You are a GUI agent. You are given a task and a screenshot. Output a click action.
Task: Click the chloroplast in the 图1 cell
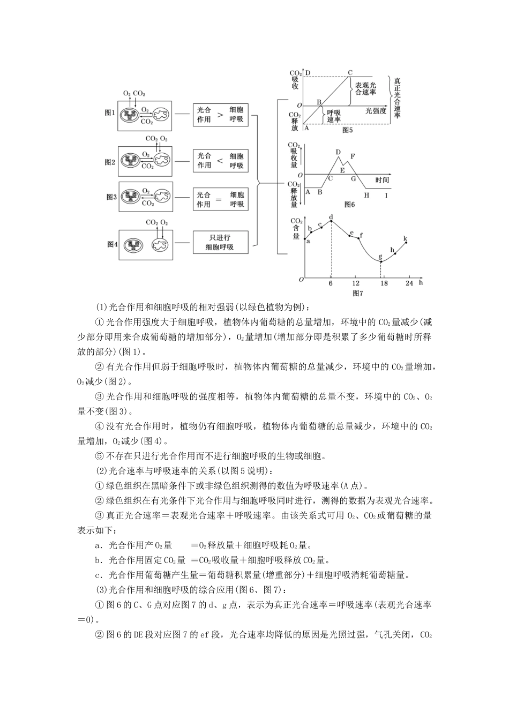(129, 115)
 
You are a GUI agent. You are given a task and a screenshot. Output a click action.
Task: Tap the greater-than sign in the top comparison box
(221, 115)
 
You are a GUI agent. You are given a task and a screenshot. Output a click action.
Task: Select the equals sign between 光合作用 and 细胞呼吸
(220, 199)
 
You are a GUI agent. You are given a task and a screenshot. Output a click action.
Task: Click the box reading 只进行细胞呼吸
(220, 242)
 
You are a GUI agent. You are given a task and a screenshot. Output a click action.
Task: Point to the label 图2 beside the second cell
(110, 162)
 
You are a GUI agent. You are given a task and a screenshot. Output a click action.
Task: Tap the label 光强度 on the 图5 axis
(376, 110)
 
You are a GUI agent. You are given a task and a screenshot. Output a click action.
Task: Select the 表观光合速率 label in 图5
(365, 89)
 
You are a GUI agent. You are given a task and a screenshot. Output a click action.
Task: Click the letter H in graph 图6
(366, 196)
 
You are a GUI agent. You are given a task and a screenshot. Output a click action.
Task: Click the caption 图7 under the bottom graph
(358, 293)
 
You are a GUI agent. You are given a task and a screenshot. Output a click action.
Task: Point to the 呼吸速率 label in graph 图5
(334, 116)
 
